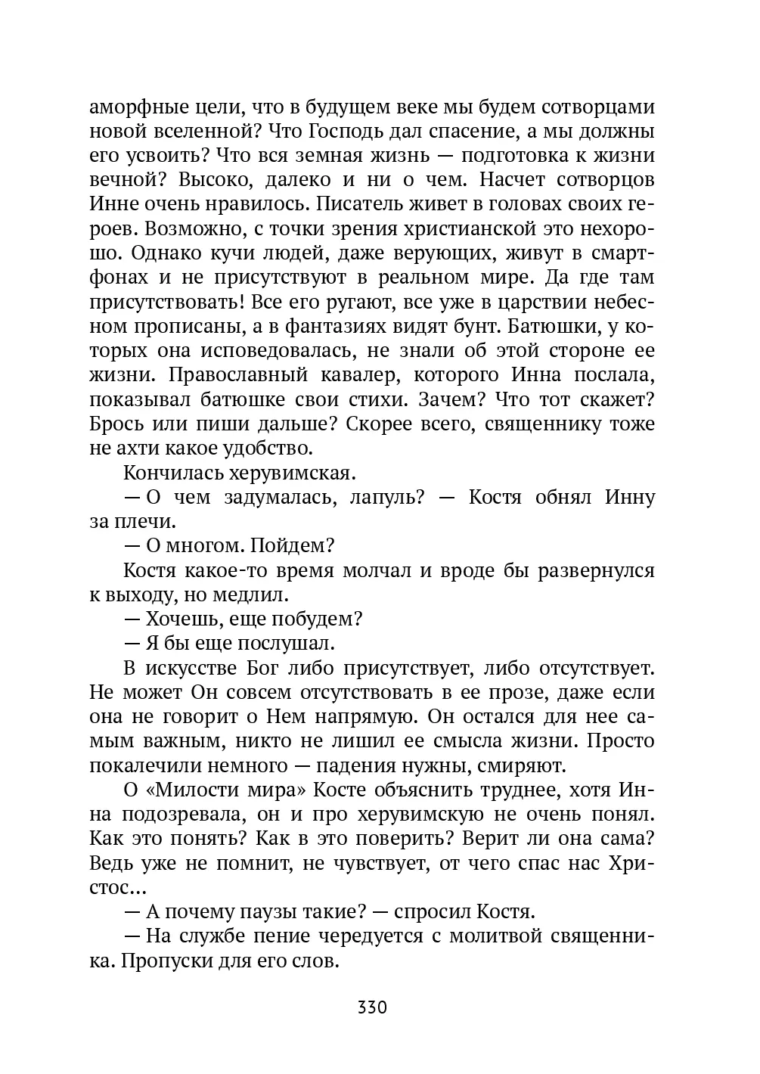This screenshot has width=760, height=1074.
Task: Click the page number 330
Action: pos(372,1007)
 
